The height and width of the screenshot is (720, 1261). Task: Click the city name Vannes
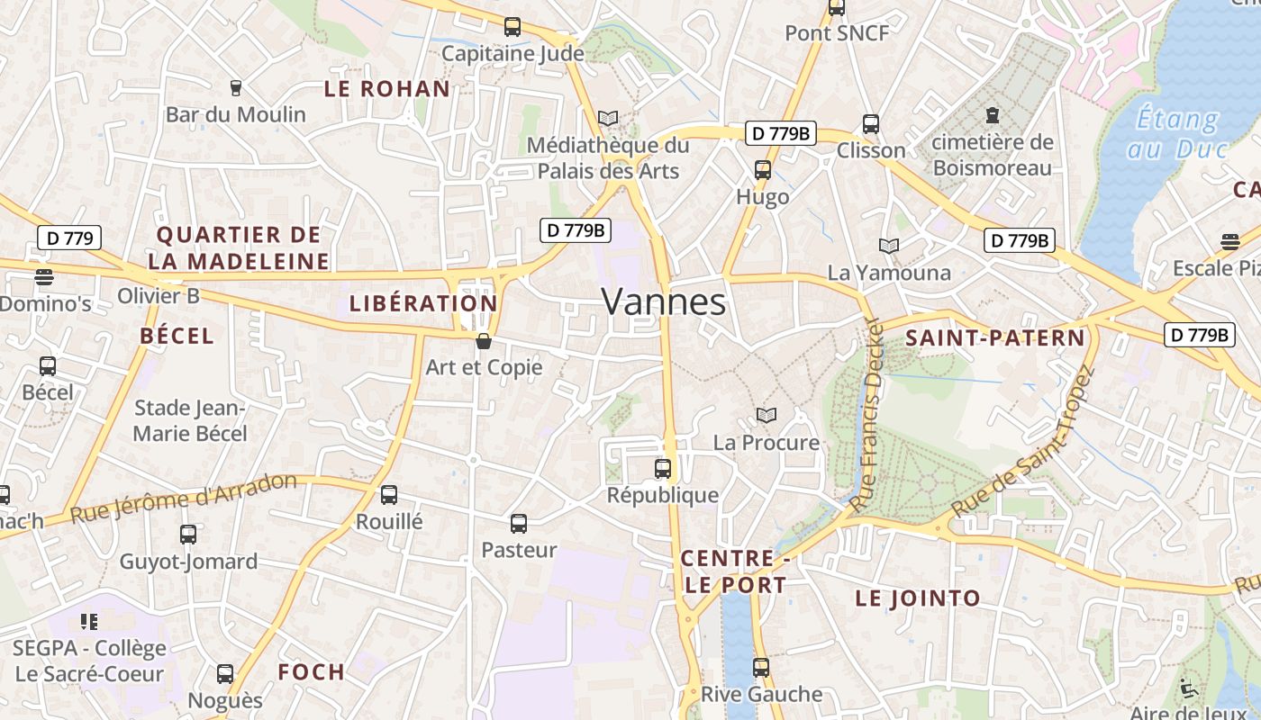click(x=663, y=302)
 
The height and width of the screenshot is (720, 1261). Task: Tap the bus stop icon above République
click(x=663, y=468)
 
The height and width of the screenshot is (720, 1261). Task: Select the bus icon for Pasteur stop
click(x=519, y=523)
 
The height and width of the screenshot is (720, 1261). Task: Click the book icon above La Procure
click(x=767, y=415)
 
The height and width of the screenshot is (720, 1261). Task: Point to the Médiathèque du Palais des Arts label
click(x=608, y=157)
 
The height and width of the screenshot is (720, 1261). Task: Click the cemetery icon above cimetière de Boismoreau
click(x=993, y=115)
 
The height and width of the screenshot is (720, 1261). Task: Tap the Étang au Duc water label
click(x=1176, y=133)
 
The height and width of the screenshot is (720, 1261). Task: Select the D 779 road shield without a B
click(x=69, y=238)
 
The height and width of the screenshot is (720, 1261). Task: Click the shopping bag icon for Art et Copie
click(x=484, y=341)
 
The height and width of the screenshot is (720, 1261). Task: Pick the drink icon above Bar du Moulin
click(x=236, y=87)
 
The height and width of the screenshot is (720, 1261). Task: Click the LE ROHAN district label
click(x=386, y=88)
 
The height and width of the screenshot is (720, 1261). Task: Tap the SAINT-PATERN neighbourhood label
click(x=995, y=338)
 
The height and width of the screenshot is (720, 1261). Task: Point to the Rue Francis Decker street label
click(x=868, y=416)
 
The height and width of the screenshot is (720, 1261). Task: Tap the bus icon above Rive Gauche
click(x=761, y=667)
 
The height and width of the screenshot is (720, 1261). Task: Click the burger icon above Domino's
click(x=43, y=276)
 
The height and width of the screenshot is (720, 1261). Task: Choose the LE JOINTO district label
click(x=918, y=598)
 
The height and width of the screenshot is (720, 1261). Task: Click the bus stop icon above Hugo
click(x=763, y=169)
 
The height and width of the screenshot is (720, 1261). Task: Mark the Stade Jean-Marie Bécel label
click(x=190, y=420)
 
